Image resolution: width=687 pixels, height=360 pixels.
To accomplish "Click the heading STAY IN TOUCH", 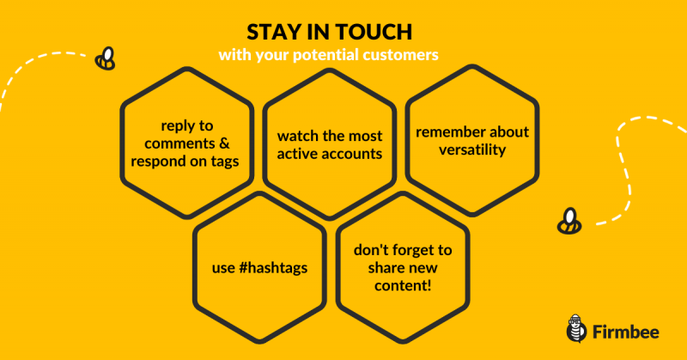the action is point(330,32).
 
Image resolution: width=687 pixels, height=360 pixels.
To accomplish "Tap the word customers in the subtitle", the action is point(400,55).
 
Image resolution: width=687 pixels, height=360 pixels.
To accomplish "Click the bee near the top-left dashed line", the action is point(105,58).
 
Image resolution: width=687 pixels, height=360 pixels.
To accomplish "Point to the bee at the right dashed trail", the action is point(569,221).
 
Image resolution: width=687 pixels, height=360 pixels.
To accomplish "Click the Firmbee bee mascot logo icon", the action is point(576,328).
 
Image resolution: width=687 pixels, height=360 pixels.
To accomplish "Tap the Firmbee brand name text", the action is point(626,332).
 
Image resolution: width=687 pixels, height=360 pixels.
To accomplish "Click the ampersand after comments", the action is point(223,143).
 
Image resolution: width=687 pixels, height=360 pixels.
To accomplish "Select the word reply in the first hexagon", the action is point(174,126).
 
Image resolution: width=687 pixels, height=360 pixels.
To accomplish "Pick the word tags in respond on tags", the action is point(225,162).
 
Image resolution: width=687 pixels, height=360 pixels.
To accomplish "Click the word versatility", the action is point(472,150).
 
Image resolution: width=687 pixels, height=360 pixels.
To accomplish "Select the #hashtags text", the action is point(273,268).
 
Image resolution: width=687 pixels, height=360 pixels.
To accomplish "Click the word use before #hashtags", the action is point(223,268).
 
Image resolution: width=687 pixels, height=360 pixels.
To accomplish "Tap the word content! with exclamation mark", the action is point(403,285).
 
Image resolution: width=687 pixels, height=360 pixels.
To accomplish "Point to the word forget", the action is point(405,250).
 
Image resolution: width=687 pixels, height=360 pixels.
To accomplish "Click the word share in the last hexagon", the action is point(386,268).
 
